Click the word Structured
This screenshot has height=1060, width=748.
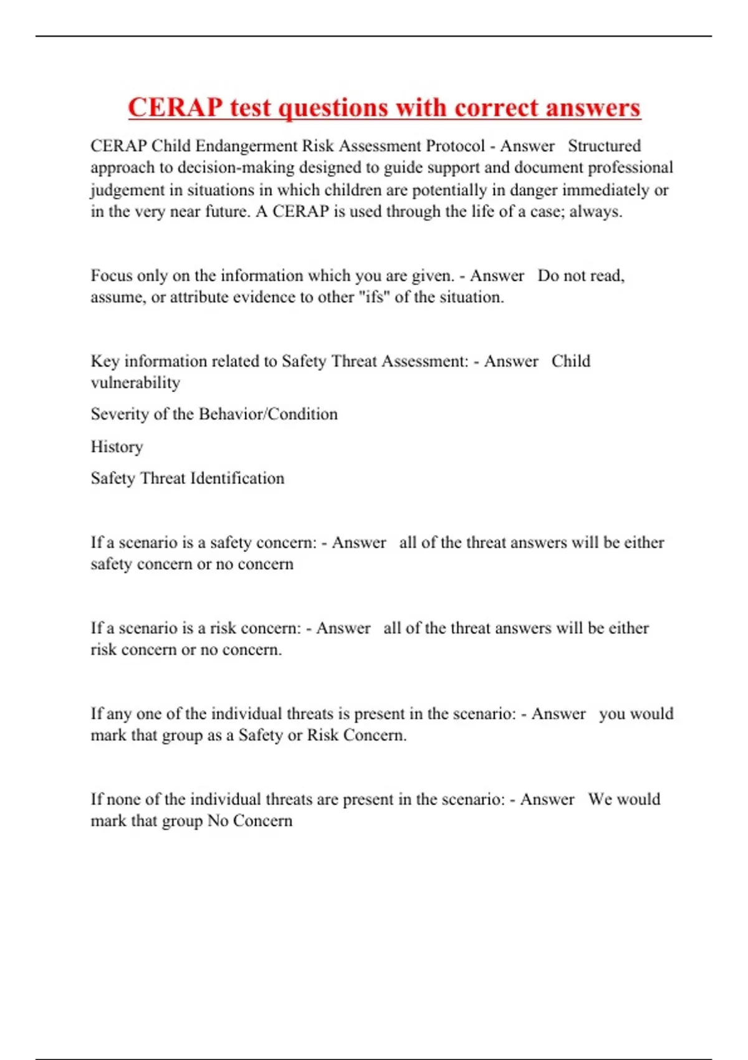point(604,146)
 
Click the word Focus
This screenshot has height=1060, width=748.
point(112,276)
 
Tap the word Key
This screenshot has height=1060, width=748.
point(105,361)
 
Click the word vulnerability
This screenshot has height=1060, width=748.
point(135,383)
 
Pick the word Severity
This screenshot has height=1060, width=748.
point(121,414)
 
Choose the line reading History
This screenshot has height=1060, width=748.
point(117,446)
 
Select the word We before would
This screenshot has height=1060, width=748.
point(599,799)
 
